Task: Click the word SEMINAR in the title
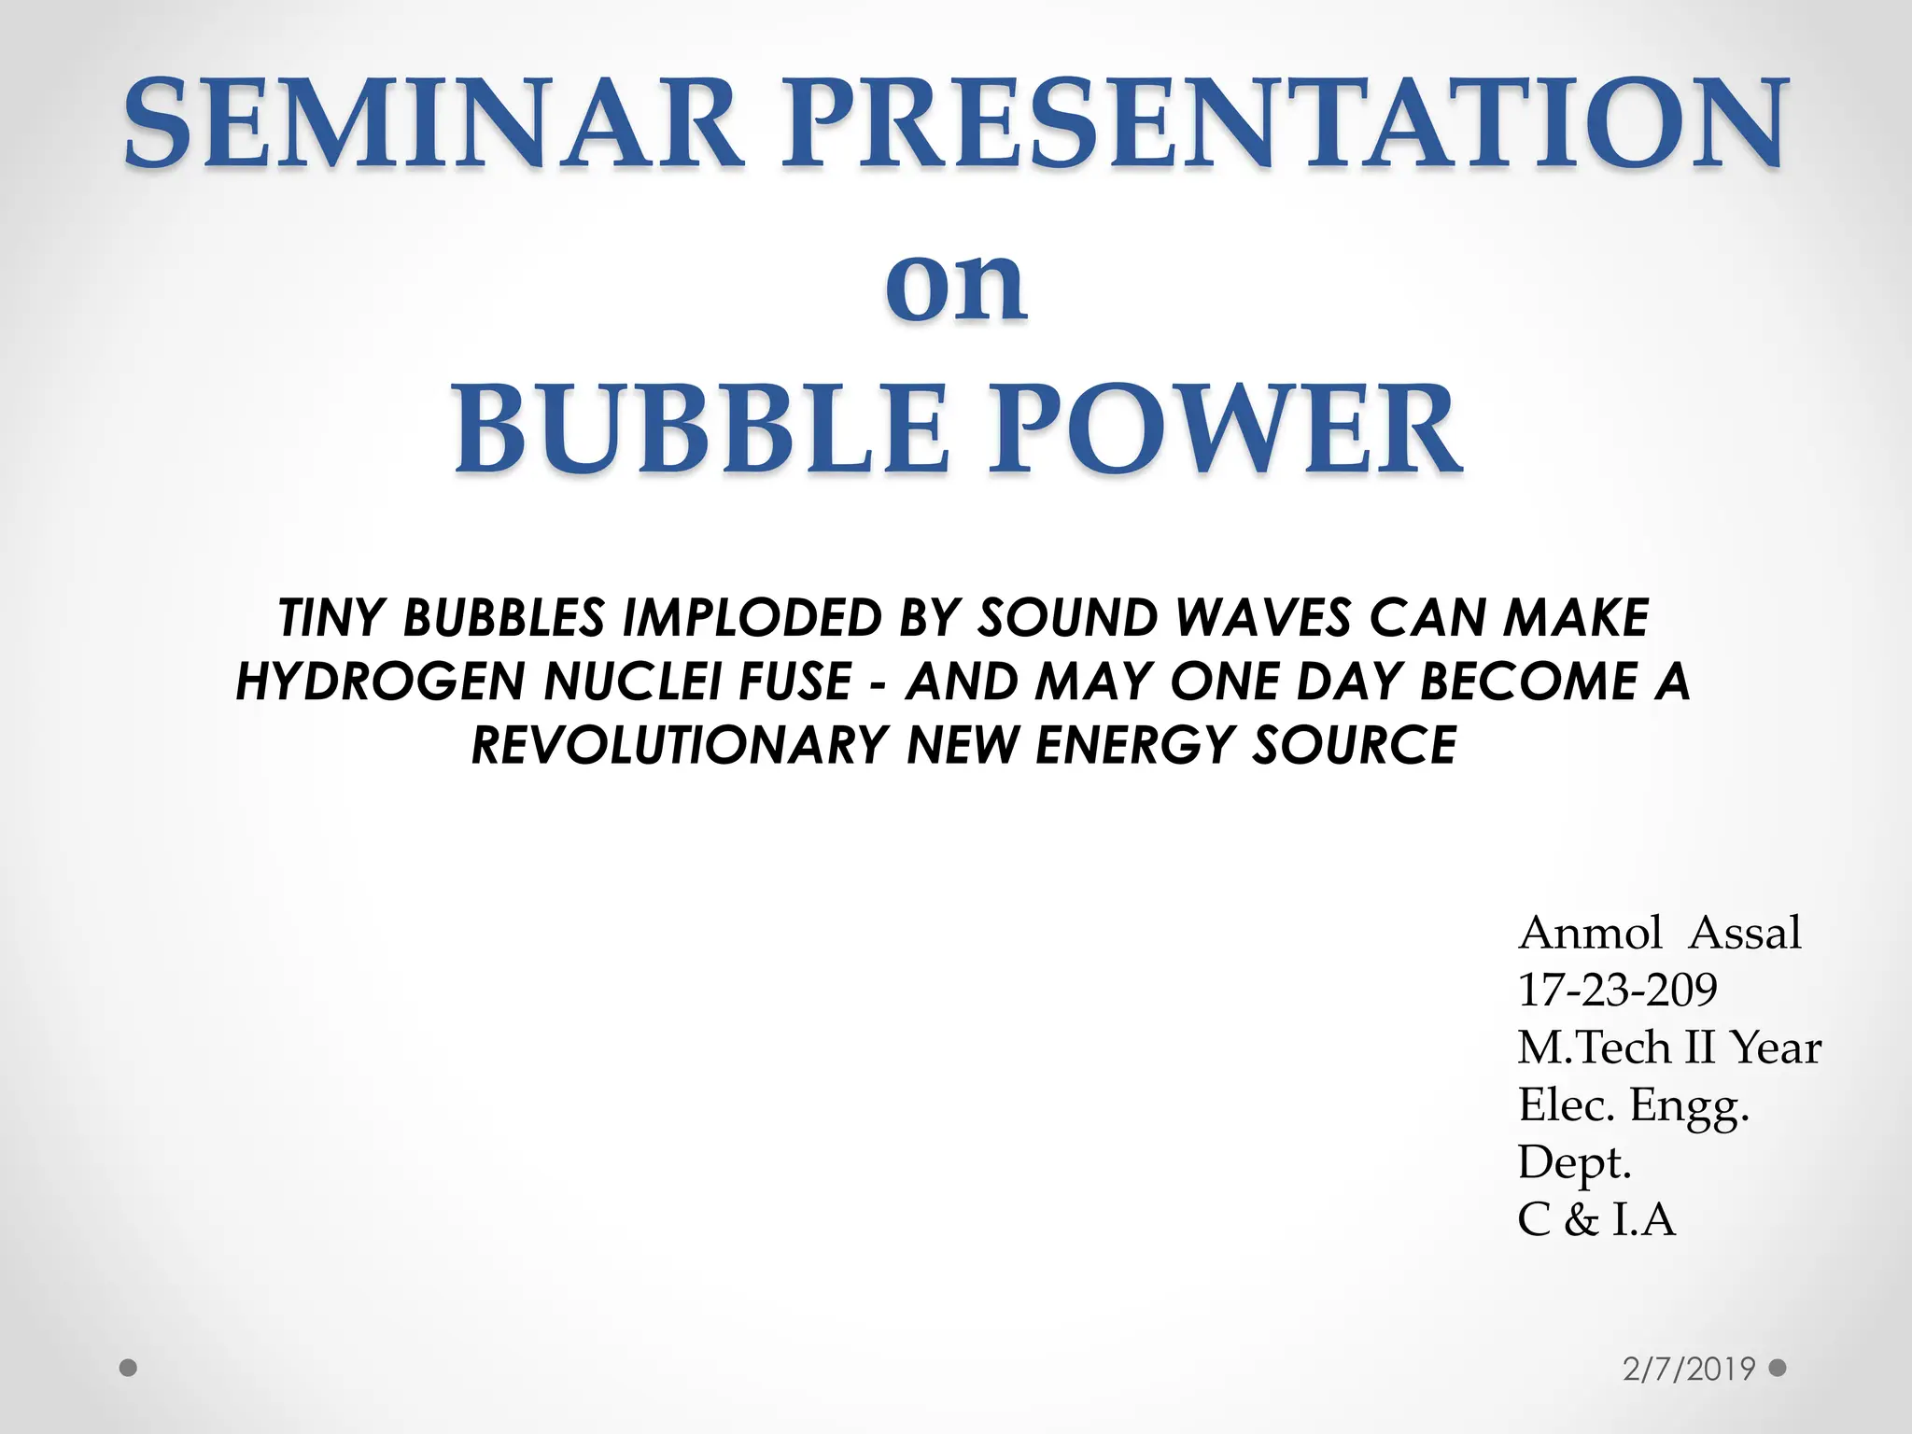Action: click(434, 124)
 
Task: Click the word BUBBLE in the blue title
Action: click(700, 429)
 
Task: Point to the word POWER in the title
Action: click(1225, 429)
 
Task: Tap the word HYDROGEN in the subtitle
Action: click(381, 681)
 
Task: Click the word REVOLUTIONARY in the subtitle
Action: click(680, 744)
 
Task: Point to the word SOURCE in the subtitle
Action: click(1354, 744)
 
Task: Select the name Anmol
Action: click(1590, 933)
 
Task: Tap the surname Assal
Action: click(1746, 933)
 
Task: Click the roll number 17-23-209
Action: click(1617, 990)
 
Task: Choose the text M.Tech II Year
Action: click(1669, 1047)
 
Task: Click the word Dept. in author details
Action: click(1574, 1163)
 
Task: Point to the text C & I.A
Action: click(1596, 1220)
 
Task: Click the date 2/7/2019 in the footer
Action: click(1690, 1369)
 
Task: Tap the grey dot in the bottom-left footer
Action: click(129, 1369)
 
